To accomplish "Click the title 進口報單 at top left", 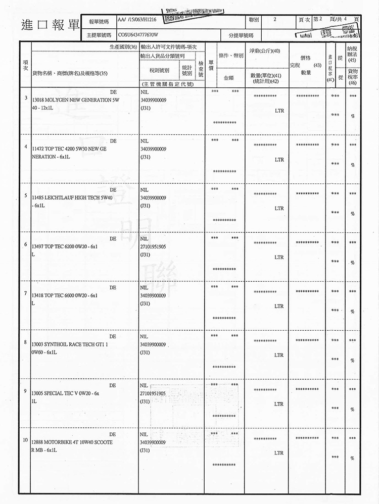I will click(x=50, y=25).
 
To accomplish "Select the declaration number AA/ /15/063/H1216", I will click(x=137, y=20).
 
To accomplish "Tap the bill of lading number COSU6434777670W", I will click(x=137, y=36).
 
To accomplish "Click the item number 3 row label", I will click(x=25, y=96).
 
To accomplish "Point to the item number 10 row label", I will click(x=25, y=439).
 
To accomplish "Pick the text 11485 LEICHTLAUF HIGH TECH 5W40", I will click(x=71, y=198).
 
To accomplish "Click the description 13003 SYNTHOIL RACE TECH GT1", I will click(x=68, y=344).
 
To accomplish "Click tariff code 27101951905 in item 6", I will click(x=154, y=246).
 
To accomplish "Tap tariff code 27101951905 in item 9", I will click(x=154, y=393).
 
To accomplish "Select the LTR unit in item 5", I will click(x=279, y=208).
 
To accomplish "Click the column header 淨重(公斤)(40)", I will click(x=261, y=51).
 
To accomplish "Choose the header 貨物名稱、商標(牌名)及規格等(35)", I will click(x=70, y=73).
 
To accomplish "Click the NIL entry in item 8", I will click(x=144, y=336).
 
